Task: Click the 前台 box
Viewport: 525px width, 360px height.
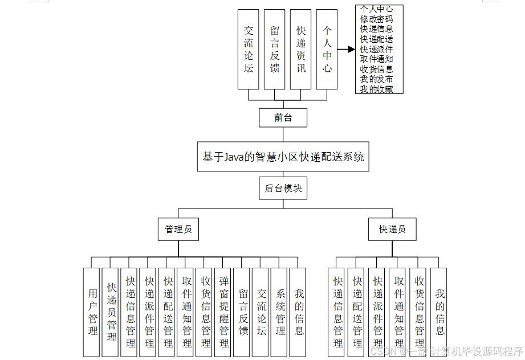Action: [x=283, y=118]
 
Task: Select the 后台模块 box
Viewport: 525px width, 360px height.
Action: [x=283, y=189]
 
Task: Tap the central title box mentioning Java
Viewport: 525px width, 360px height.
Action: [x=283, y=156]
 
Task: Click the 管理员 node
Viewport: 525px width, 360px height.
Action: [x=178, y=230]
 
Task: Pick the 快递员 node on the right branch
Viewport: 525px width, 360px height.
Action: [x=392, y=230]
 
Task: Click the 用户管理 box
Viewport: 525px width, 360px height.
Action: [x=92, y=312]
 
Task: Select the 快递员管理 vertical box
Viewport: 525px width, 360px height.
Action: [x=111, y=312]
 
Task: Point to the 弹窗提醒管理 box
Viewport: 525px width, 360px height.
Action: [x=223, y=312]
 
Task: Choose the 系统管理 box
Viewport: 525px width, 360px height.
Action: [x=280, y=312]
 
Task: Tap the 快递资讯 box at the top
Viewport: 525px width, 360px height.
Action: [x=301, y=50]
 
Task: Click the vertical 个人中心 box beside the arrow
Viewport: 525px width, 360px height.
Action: [x=327, y=50]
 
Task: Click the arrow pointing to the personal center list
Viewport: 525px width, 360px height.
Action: [x=346, y=50]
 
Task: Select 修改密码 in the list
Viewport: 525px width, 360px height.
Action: [x=376, y=19]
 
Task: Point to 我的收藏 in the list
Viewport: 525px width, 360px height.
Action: [x=376, y=89]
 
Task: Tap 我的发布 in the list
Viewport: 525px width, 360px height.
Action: [x=376, y=79]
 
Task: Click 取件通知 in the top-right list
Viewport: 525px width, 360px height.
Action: [x=376, y=59]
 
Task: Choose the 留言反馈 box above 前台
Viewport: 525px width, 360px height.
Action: [x=275, y=50]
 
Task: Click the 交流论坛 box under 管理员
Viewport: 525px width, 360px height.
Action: [x=261, y=312]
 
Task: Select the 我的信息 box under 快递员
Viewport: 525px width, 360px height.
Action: [x=439, y=312]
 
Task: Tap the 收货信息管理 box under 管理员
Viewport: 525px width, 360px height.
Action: [x=205, y=312]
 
